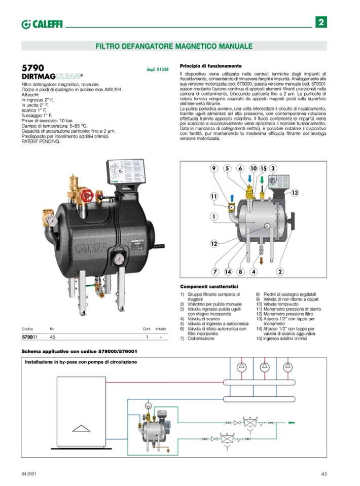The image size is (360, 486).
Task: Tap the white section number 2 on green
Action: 321,22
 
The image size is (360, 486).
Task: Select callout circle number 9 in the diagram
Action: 213,168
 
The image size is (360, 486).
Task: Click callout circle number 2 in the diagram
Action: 279,272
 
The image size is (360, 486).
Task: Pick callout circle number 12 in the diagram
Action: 213,244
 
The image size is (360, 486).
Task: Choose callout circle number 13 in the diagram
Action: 295,193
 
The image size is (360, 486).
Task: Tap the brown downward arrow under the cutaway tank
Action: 262,260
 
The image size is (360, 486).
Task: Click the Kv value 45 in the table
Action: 53,337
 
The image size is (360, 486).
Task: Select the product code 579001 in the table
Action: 30,337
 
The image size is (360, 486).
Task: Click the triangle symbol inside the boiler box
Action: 80,427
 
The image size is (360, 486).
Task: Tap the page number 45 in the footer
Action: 324,474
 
